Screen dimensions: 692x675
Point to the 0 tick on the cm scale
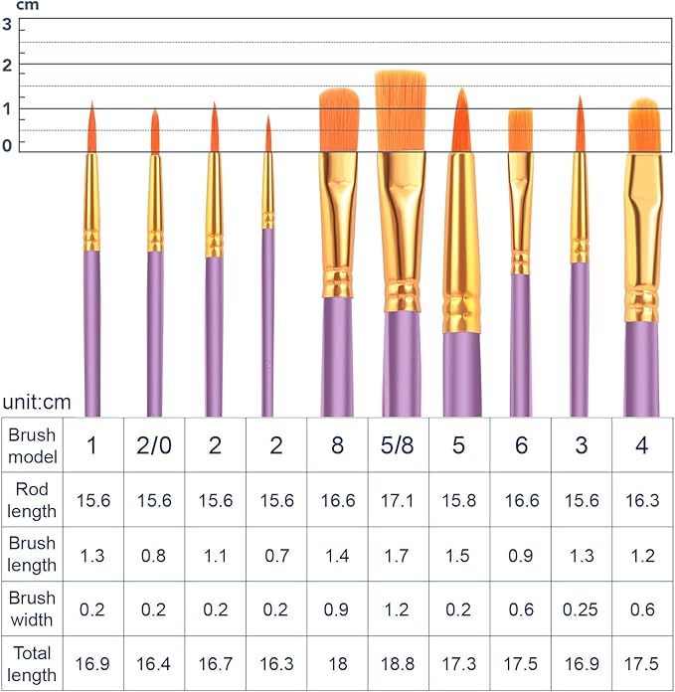8,145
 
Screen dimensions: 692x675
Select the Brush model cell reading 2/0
153,445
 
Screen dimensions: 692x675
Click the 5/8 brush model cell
398,445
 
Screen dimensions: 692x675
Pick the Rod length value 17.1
398,500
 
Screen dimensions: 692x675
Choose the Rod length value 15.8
458,500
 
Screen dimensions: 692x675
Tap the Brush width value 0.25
581,609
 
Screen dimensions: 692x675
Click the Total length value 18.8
398,664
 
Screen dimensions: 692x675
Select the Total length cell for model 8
337,664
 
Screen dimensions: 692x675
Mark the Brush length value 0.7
275,555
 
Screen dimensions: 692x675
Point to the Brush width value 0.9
337,609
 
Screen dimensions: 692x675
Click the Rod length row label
32,500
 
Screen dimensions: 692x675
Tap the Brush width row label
32,609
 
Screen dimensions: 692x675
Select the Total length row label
32,664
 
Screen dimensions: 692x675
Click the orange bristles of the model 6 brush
520,130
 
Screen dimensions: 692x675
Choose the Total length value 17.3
458,664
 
